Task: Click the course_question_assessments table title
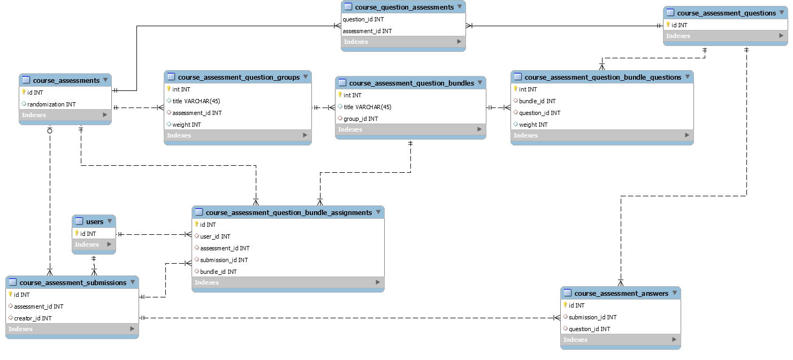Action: click(404, 7)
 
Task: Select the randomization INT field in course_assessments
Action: click(51, 104)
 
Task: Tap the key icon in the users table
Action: click(77, 233)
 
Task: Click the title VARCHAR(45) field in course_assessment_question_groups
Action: click(196, 101)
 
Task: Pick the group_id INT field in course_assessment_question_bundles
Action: click(361, 119)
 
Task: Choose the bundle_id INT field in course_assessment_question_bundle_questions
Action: click(537, 101)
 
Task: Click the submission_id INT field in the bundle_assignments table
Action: click(224, 260)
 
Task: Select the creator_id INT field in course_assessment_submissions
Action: click(33, 318)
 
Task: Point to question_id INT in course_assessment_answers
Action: click(589, 329)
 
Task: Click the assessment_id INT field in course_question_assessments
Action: click(367, 31)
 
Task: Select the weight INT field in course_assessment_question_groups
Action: click(186, 125)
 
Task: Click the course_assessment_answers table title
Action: click(621, 293)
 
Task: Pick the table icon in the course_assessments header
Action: click(26, 80)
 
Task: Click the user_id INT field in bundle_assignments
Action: click(215, 236)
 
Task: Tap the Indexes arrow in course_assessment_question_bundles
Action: click(479, 129)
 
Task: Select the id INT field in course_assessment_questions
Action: click(680, 25)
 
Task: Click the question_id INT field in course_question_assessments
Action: click(363, 19)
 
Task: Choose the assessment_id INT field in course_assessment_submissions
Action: click(39, 307)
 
